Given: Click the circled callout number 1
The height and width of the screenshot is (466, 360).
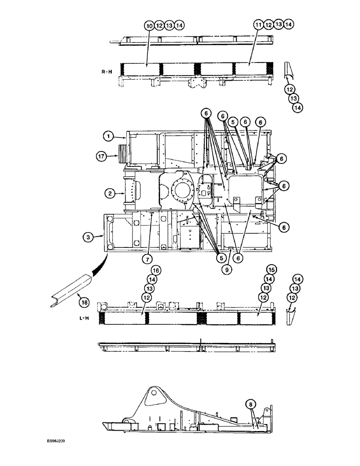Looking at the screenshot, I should [x=108, y=136].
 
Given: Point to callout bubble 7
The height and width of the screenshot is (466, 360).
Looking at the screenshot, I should [x=147, y=258].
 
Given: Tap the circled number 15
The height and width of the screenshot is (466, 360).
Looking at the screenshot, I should [x=270, y=270].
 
